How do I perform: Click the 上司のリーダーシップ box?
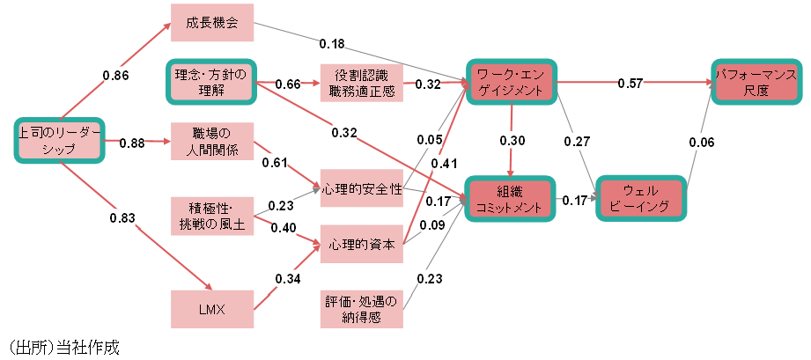(59, 141)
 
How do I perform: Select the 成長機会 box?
(212, 23)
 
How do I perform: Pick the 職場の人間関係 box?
(212, 141)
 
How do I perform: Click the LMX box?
(212, 308)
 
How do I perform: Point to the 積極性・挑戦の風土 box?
(212, 216)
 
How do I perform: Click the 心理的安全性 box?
(361, 188)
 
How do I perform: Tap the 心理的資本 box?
(361, 244)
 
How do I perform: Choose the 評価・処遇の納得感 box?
(361, 308)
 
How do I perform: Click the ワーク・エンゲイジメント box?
(512, 83)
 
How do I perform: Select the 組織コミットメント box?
(512, 199)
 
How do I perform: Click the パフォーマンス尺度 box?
(756, 83)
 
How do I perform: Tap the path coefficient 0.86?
(115, 76)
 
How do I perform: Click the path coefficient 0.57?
(630, 83)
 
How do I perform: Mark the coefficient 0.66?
(288, 84)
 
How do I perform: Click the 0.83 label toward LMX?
(122, 217)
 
